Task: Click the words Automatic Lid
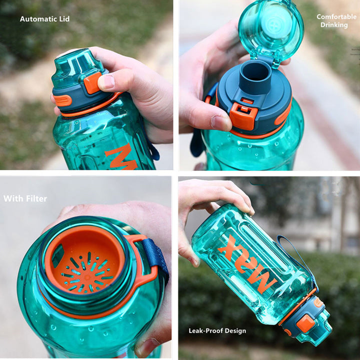44,19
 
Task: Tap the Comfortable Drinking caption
336,20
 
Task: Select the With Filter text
25,198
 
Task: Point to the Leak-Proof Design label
217,330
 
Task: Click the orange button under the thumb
92,82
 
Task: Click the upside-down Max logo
247,262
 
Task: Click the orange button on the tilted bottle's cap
305,324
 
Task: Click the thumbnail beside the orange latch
220,121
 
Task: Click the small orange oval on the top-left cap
63,100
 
